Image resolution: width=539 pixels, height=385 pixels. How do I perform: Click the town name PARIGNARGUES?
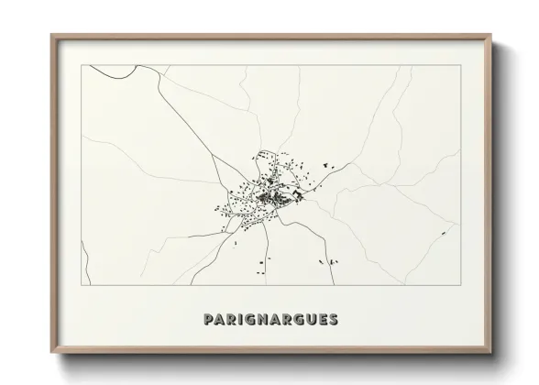pyautogui.click(x=269, y=320)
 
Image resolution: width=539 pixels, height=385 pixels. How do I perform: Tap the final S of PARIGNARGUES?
pyautogui.click(x=333, y=320)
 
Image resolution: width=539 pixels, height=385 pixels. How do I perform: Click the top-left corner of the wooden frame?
pyautogui.click(x=51, y=35)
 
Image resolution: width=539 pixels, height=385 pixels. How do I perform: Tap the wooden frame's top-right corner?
pyautogui.click(x=490, y=35)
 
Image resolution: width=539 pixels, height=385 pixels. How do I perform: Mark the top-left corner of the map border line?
pyautogui.click(x=82, y=66)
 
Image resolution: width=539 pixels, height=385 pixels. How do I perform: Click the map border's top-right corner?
pyautogui.click(x=458, y=66)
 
